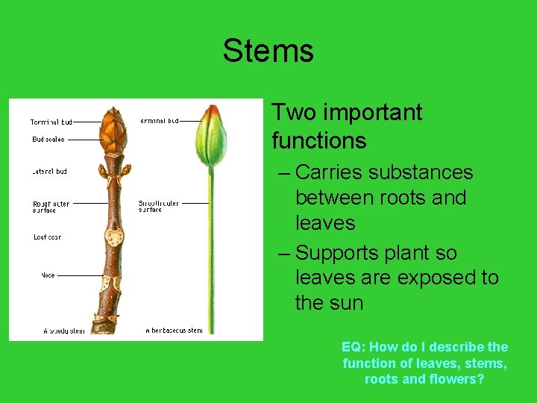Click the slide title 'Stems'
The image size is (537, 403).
(268, 51)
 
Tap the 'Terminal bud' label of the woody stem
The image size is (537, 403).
(51, 122)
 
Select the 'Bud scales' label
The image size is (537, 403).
(48, 140)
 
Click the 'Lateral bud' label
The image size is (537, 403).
(49, 172)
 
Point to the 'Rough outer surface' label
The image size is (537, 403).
(51, 207)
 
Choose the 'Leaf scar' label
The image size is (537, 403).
(47, 237)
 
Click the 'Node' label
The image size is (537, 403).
(48, 275)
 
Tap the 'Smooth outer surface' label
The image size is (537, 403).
(158, 206)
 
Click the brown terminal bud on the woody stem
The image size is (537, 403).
(113, 128)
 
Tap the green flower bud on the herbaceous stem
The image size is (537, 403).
(211, 138)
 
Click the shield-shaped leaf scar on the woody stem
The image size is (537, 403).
(114, 237)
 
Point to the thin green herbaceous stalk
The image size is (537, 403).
(211, 254)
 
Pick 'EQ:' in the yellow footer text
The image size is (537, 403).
(353, 347)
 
